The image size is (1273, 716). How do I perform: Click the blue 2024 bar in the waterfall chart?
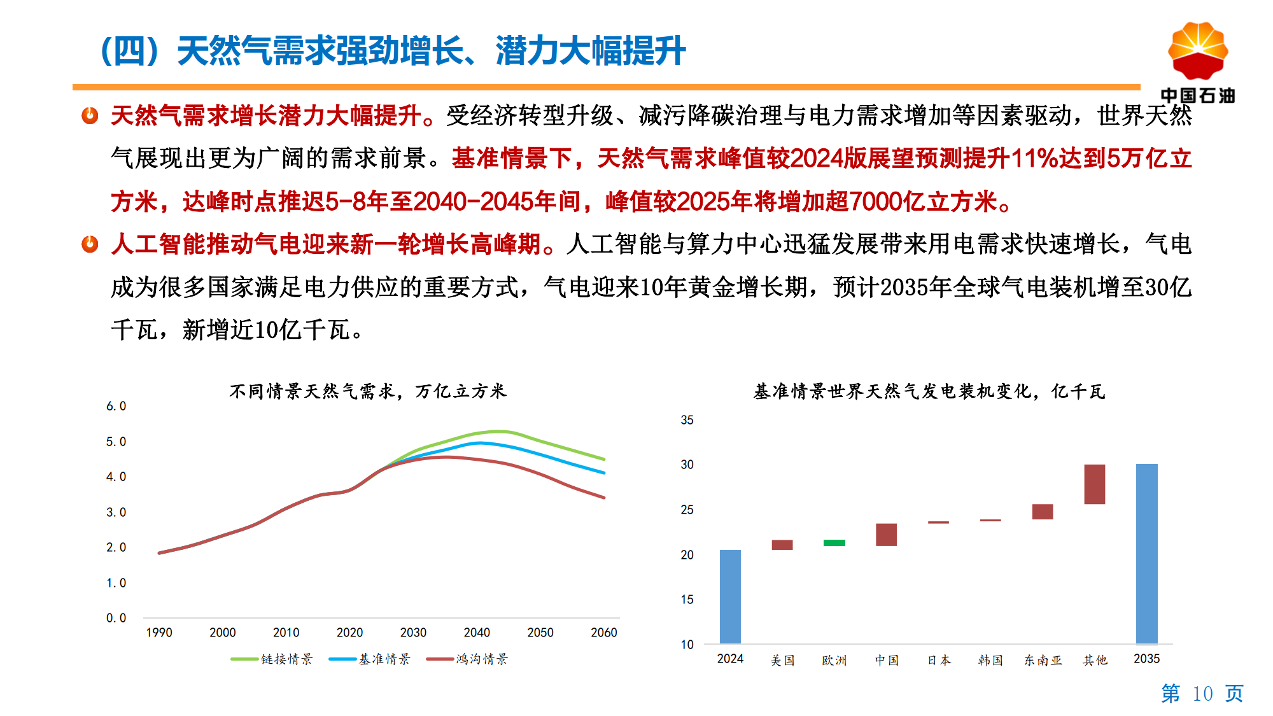click(x=730, y=596)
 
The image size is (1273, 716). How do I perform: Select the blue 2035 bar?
click(x=1146, y=554)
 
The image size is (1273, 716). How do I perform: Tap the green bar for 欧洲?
click(x=834, y=543)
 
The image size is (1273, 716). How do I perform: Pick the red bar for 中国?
click(x=886, y=535)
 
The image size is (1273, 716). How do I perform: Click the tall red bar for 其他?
click(x=1094, y=484)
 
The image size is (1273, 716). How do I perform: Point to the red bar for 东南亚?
click(x=1042, y=512)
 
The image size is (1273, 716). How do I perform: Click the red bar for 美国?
click(x=782, y=545)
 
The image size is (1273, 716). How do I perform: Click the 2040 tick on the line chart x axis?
click(x=477, y=633)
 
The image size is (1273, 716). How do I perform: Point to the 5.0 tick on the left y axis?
click(x=116, y=442)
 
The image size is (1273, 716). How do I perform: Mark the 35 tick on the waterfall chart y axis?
click(x=687, y=420)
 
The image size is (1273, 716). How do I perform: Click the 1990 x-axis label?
click(x=159, y=633)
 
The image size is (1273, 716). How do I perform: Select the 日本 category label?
click(x=939, y=660)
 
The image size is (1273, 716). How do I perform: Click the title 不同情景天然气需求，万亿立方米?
click(x=368, y=391)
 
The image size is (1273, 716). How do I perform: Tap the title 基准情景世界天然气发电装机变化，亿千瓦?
click(x=929, y=391)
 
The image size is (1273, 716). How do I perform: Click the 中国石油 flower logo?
click(x=1197, y=52)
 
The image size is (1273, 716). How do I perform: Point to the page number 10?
click(x=1202, y=693)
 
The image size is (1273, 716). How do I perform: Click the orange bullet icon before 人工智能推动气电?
click(x=90, y=244)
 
